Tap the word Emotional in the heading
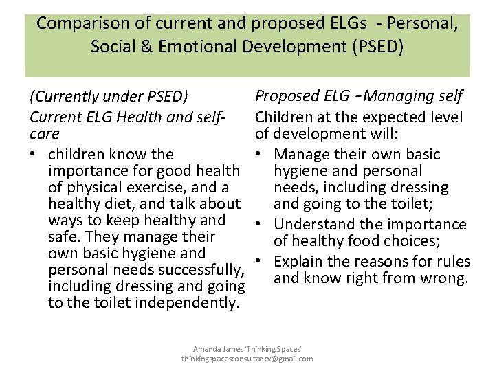click(219, 47)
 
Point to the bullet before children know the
click(34, 155)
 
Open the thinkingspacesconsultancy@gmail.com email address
click(247, 359)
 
